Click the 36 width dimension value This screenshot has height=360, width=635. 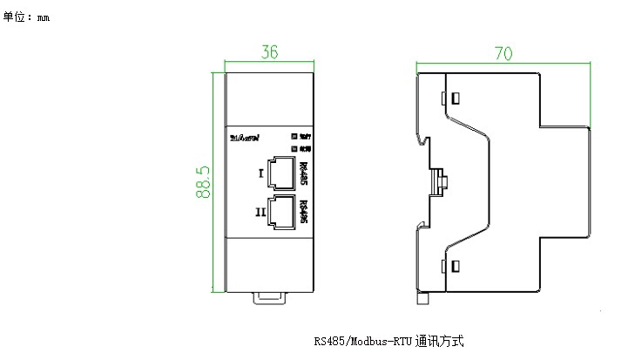[x=269, y=53]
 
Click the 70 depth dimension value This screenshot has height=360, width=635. [x=502, y=53]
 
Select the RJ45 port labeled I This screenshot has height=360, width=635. [x=280, y=173]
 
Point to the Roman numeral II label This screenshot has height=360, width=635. [x=260, y=212]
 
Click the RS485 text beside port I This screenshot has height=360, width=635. [x=303, y=173]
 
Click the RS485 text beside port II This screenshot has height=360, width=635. [x=303, y=212]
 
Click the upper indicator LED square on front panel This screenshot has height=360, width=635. [x=294, y=136]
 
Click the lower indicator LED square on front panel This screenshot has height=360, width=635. [x=294, y=148]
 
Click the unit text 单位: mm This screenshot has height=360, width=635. [x=27, y=17]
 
